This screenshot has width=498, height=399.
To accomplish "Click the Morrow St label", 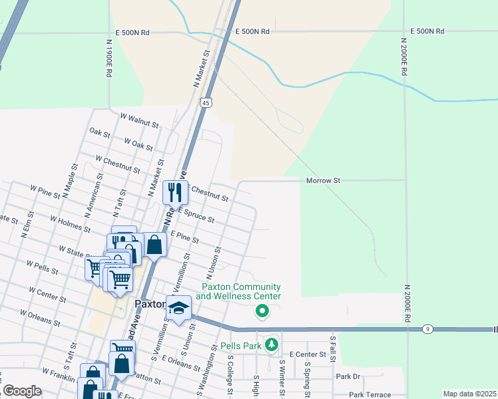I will coord(323,180).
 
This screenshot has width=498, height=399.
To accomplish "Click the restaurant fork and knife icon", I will coord(175,192).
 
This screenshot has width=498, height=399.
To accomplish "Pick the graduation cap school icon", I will coord(178,308).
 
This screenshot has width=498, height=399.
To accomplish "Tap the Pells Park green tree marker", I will coord(271,344).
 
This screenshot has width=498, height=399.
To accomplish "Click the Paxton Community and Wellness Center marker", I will coord(262,311).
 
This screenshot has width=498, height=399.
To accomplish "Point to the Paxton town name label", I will coord(150,303).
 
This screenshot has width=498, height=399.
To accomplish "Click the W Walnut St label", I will coord(139,120).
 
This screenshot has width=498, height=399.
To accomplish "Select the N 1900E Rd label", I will coord(109,59).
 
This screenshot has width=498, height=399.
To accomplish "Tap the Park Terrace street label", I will coord(374,394).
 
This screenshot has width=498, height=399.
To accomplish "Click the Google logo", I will coord(21,391).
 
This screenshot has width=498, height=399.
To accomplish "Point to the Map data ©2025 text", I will coord(469,394).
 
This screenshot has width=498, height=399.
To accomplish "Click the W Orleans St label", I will coord(41,319).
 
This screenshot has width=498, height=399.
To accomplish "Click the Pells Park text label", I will coord(240,346).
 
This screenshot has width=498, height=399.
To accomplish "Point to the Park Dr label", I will coord(348,376).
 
